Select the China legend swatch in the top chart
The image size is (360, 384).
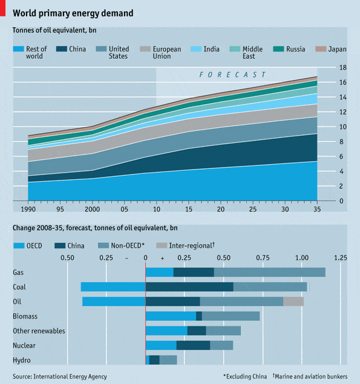click(x=62, y=49)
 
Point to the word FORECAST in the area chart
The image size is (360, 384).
click(x=233, y=74)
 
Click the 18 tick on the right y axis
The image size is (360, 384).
click(x=342, y=67)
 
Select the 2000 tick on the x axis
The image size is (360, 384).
click(x=92, y=209)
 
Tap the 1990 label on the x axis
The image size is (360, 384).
click(x=28, y=209)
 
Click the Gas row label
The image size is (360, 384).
click(x=18, y=273)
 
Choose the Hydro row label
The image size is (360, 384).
click(x=21, y=360)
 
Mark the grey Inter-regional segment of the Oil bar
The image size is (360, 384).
click(x=293, y=302)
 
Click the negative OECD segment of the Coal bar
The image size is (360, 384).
click(x=113, y=287)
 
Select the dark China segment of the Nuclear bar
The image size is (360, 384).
click(x=193, y=345)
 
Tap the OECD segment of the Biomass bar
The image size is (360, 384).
click(x=171, y=316)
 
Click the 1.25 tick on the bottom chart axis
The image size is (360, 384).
click(x=340, y=257)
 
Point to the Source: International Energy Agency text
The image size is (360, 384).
click(x=59, y=376)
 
